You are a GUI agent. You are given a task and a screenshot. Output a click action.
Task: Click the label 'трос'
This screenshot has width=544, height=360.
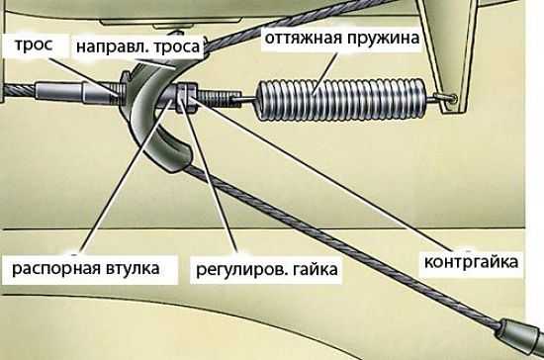[24, 45]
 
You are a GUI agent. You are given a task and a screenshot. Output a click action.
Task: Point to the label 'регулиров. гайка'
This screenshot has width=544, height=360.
[278, 268]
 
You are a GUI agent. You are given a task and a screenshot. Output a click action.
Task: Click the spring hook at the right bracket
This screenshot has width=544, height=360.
[450, 98]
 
